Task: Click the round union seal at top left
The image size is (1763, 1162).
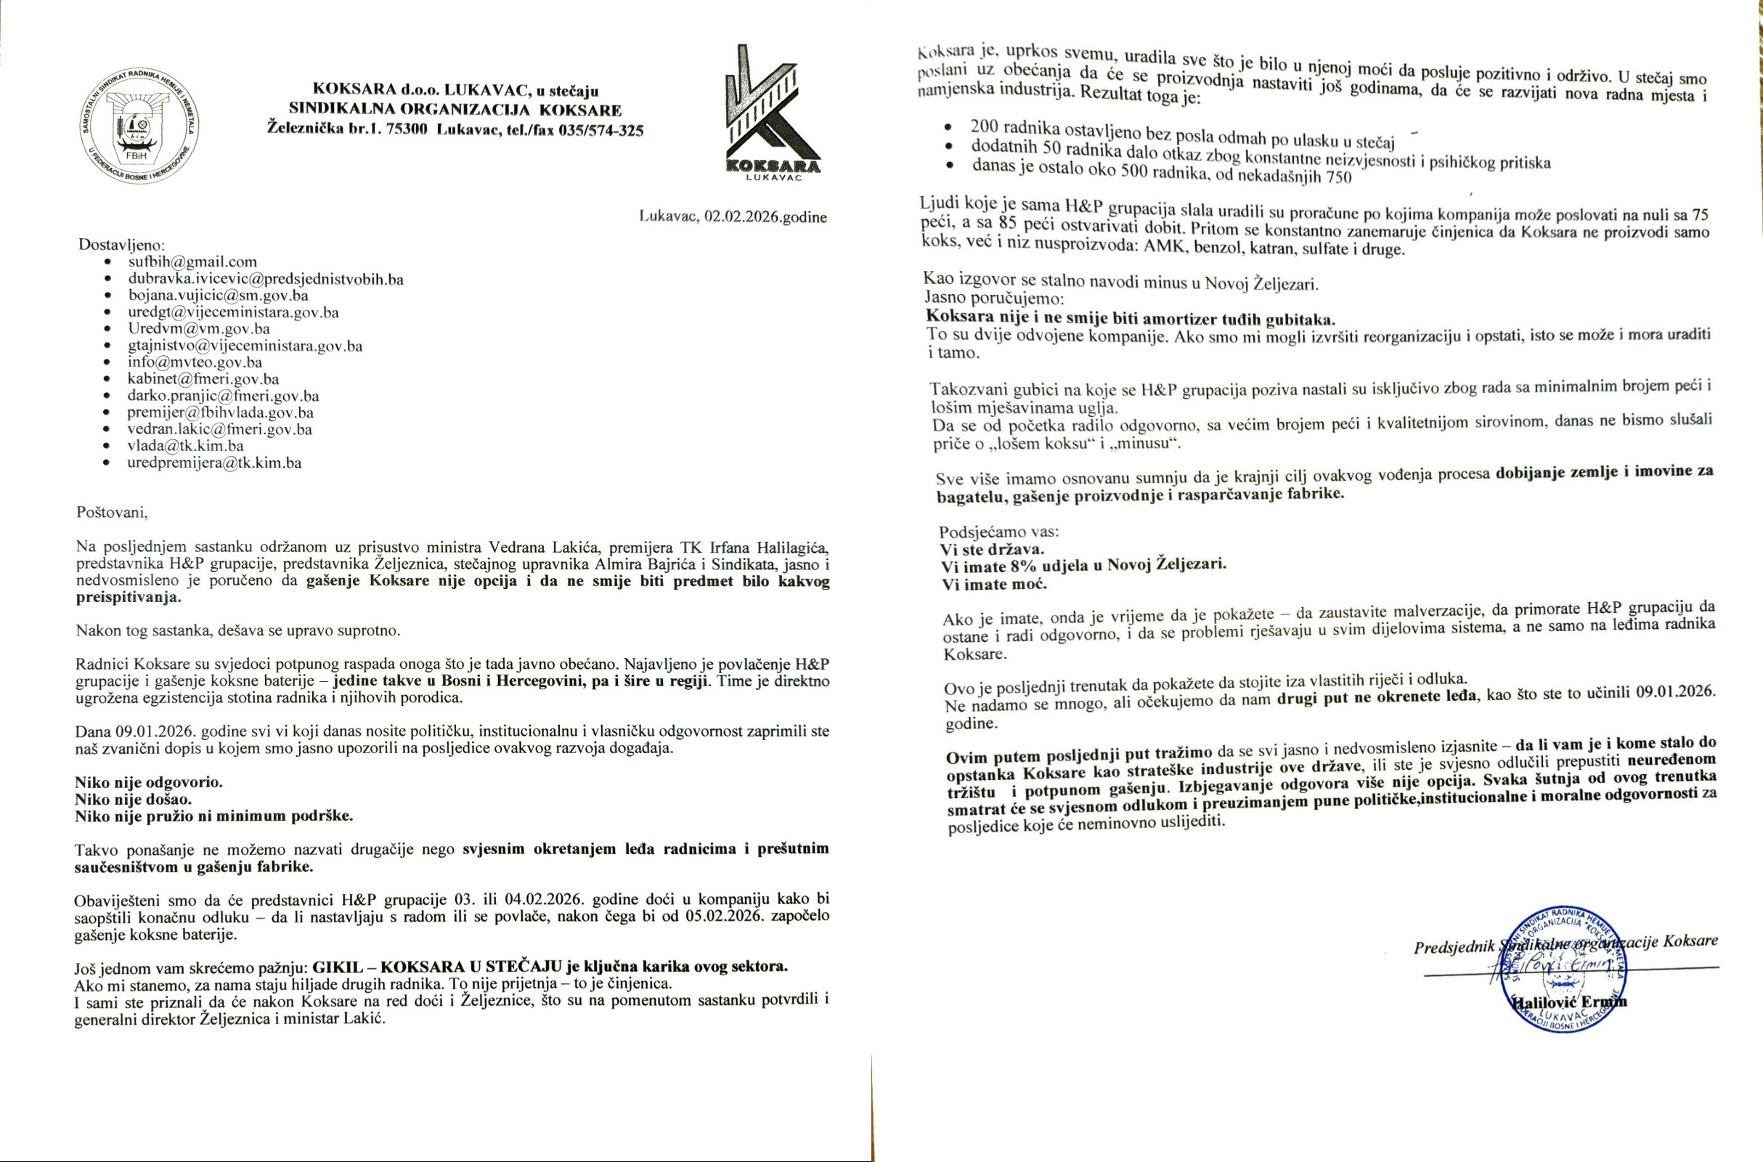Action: click(x=139, y=131)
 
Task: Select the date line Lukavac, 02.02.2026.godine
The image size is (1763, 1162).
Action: click(x=733, y=217)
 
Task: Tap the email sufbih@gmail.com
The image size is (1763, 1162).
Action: click(x=192, y=261)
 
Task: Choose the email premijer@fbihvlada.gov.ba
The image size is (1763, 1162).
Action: click(x=220, y=413)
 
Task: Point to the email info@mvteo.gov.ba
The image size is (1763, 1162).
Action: click(x=195, y=362)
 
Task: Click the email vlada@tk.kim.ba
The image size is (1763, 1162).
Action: click(x=185, y=446)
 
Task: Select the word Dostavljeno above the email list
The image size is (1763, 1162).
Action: click(x=122, y=244)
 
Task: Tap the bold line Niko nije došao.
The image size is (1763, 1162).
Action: click(x=134, y=799)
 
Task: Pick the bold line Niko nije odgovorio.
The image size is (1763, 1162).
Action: click(x=148, y=782)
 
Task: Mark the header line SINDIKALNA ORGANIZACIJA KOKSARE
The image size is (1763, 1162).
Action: click(x=455, y=110)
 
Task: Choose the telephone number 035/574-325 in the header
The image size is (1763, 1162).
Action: click(x=599, y=131)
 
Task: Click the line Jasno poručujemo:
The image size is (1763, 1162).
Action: click(x=994, y=298)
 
